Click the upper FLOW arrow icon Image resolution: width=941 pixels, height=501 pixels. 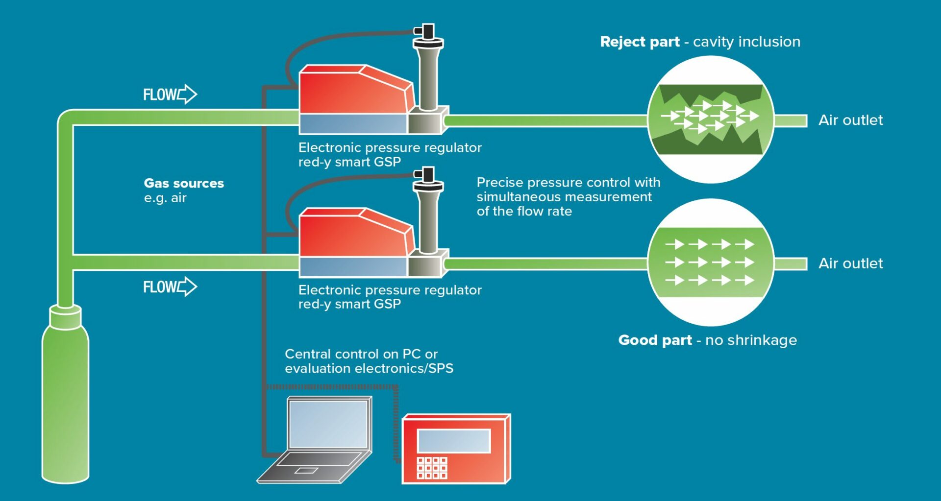[187, 94]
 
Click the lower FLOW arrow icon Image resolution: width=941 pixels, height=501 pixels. [187, 286]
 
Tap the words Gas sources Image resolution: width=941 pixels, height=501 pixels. [184, 183]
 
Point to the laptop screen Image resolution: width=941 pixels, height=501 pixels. [328, 424]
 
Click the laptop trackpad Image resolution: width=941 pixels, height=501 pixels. [306, 471]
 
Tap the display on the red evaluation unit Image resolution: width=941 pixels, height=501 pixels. [454, 441]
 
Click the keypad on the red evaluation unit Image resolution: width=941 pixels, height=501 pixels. [432, 468]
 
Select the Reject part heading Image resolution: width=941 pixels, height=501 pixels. [640, 42]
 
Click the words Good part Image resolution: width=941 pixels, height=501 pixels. [655, 340]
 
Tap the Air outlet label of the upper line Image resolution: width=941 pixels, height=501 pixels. [850, 120]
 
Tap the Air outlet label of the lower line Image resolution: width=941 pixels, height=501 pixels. [850, 263]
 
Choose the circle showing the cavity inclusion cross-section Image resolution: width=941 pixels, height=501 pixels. [711, 119]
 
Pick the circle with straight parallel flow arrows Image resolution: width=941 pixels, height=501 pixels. [711, 262]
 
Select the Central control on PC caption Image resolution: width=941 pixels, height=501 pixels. [361, 354]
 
